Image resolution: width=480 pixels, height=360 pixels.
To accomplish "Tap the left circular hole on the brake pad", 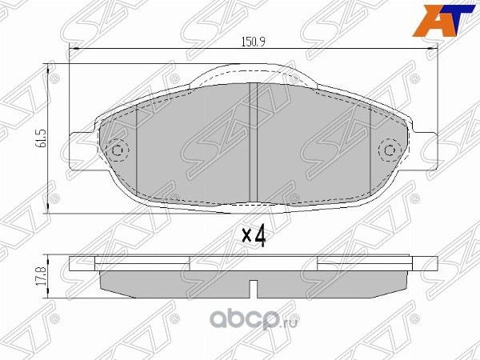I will pos(118,150).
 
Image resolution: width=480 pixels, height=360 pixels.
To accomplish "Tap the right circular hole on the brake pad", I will pos(390,150).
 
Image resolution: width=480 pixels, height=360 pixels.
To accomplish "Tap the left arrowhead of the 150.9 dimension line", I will pos(75,50).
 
